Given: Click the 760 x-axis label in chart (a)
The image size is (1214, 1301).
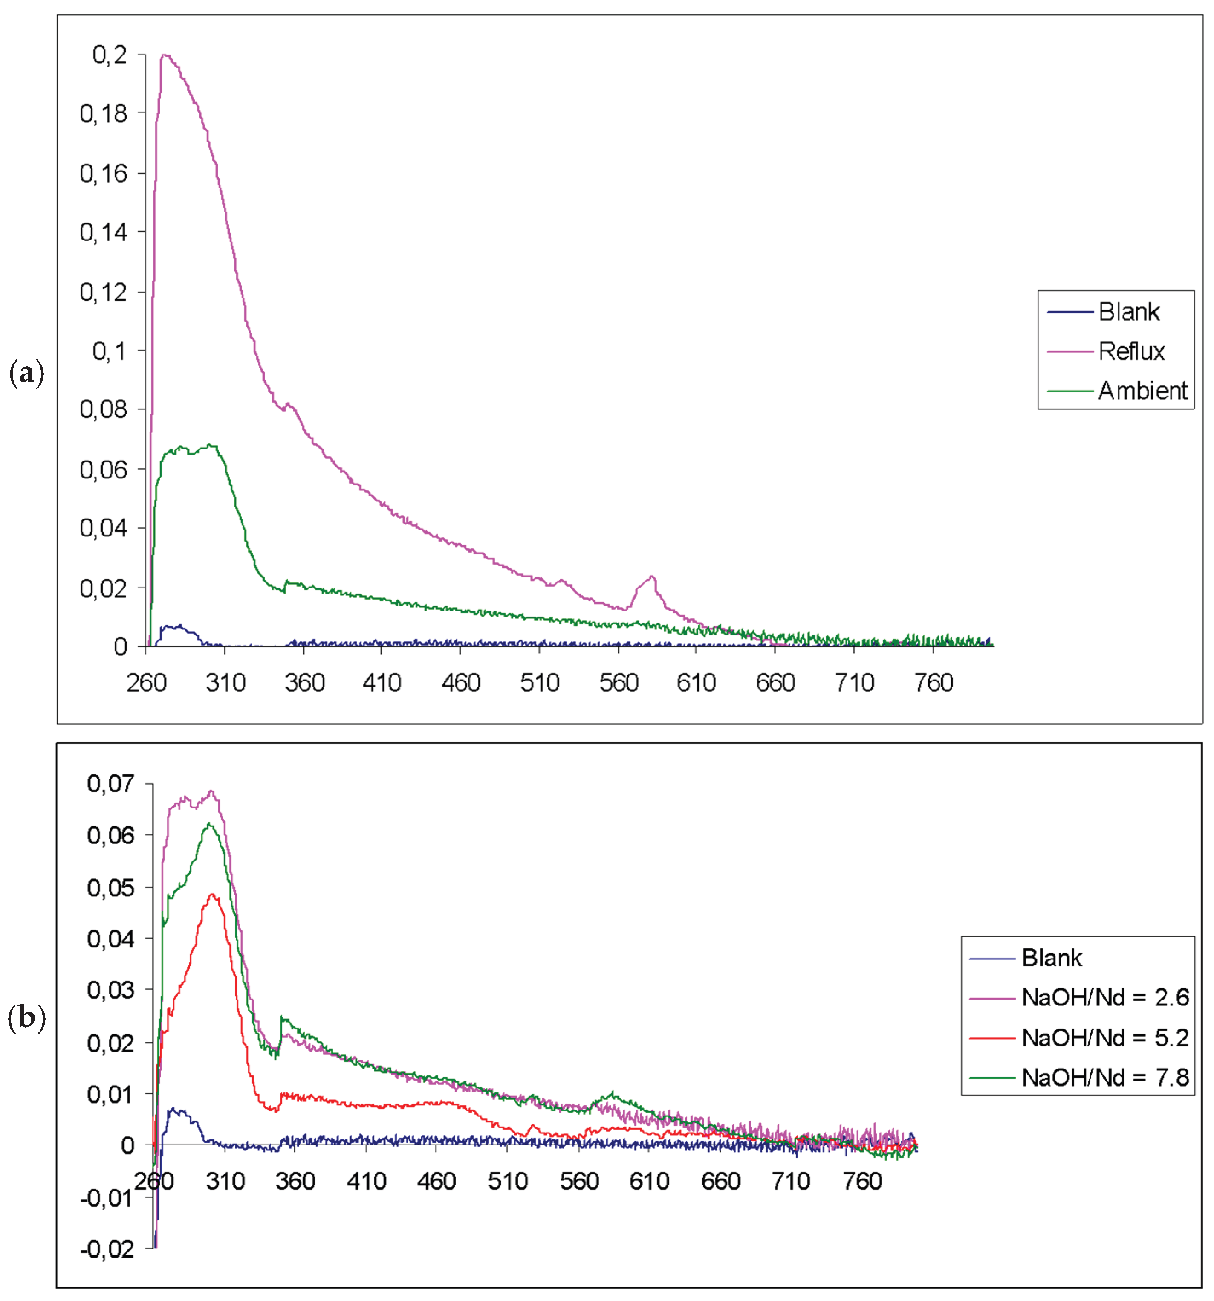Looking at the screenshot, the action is click(934, 683).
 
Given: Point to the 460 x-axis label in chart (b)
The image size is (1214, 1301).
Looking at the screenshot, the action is click(436, 1181).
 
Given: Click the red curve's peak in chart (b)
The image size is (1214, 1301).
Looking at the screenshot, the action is click(212, 894).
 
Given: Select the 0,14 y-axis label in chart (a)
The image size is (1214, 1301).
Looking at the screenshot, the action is click(103, 232).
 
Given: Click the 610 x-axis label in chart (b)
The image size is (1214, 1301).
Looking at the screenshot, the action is click(650, 1181).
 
